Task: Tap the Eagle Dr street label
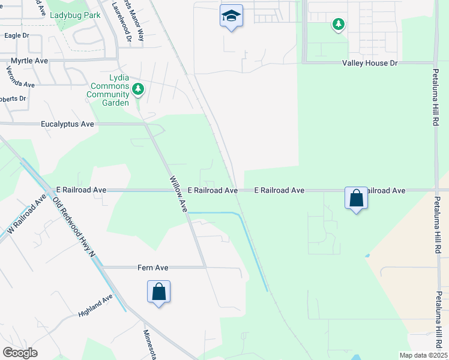point(16,36)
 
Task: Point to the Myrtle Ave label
point(29,61)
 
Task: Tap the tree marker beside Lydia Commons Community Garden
point(139,89)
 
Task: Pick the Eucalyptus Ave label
point(68,124)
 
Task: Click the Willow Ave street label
point(179,194)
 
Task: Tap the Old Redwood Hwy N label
point(74,227)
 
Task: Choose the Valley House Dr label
point(370,63)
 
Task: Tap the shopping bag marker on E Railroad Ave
point(356,197)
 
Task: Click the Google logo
point(20,353)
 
